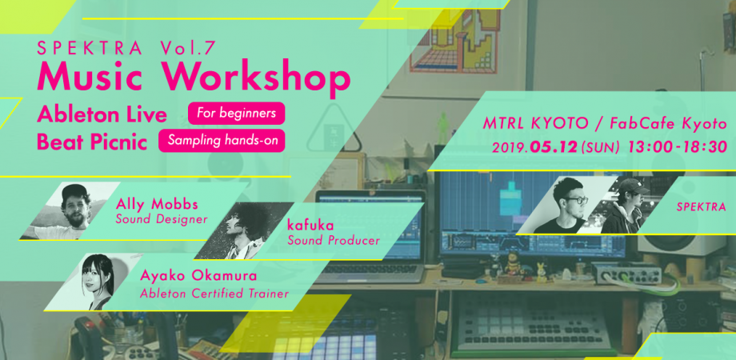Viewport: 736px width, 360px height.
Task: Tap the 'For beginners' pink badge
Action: pos(237,113)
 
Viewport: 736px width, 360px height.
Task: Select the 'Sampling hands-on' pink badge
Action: pos(222,140)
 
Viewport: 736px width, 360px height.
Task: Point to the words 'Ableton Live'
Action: pos(102,114)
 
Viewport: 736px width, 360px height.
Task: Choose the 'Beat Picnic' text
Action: pos(92,142)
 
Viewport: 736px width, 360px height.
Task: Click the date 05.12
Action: pos(554,147)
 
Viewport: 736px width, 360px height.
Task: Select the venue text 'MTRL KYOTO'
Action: pos(536,123)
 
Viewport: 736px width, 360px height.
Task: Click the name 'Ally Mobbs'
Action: pos(156,205)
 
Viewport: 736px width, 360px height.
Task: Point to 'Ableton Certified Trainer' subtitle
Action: pos(214,294)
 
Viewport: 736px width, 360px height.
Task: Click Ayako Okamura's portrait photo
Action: pos(94,282)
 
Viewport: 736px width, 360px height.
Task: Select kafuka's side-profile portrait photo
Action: pos(244,230)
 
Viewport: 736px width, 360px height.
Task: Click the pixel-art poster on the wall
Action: pos(455,40)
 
